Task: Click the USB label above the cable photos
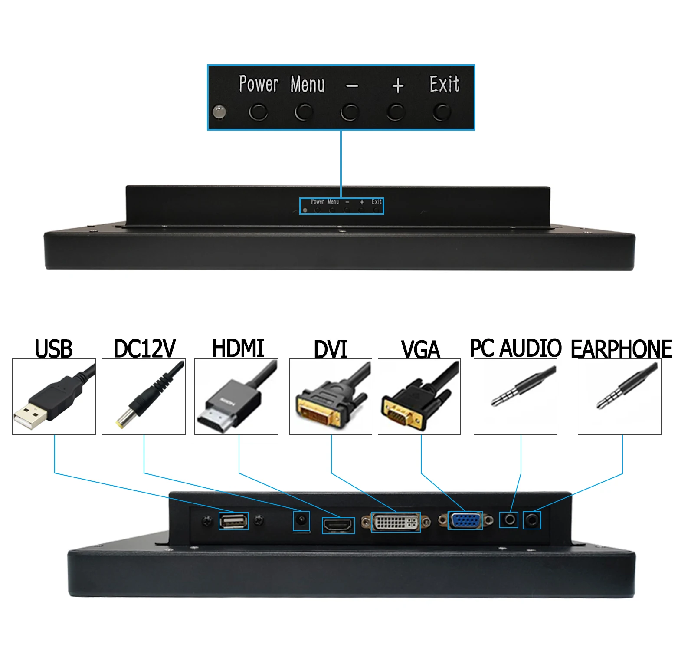click(x=54, y=349)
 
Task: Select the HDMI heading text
click(x=238, y=348)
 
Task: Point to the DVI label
click(x=331, y=349)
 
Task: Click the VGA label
click(x=420, y=350)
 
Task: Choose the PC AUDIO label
click(x=516, y=348)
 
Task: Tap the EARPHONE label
click(x=621, y=349)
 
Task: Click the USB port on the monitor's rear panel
click(x=234, y=521)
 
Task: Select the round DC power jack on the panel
click(x=301, y=519)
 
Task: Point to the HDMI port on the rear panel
click(x=338, y=525)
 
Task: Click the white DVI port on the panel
click(x=396, y=522)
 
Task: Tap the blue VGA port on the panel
click(x=465, y=520)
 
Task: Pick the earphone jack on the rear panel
click(x=532, y=519)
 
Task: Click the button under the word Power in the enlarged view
click(x=258, y=112)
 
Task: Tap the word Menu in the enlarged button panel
click(x=308, y=84)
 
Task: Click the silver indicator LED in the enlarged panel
click(x=219, y=112)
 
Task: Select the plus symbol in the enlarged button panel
click(x=397, y=85)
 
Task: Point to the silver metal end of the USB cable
click(x=29, y=415)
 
